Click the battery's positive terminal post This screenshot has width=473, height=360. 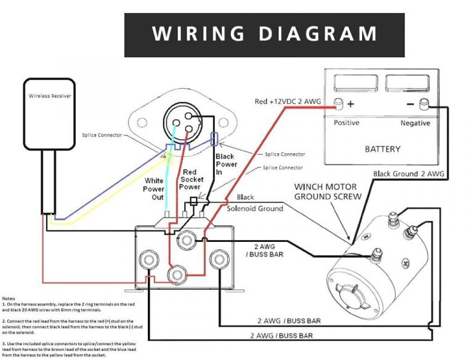[338, 103]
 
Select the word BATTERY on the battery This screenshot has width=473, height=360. [382, 149]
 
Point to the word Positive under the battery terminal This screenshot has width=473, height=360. [346, 123]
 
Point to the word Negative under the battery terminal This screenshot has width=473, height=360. [415, 123]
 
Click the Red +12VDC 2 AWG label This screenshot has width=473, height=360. [288, 101]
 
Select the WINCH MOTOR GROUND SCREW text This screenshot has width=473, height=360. [327, 191]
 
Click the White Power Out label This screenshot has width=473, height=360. [154, 189]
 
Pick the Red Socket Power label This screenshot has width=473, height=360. [190, 179]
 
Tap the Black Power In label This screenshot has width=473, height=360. [225, 165]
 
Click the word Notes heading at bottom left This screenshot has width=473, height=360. [10, 298]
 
